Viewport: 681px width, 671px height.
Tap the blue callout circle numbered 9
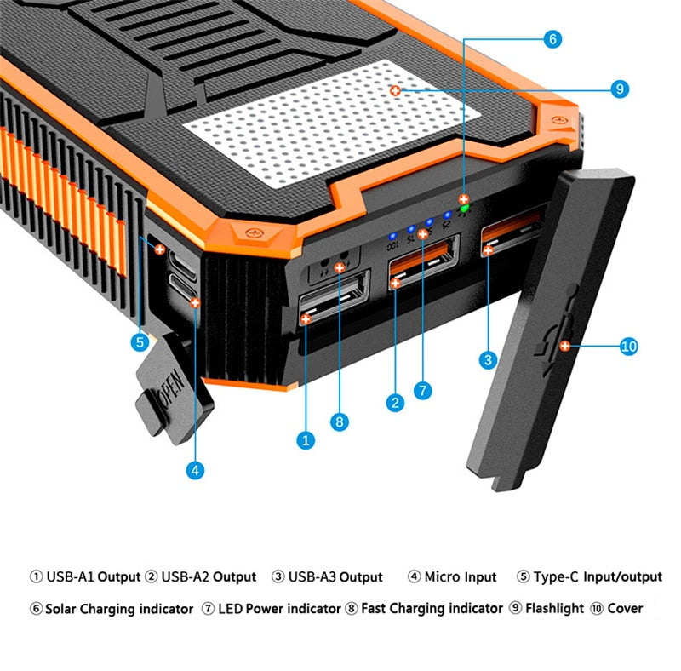620,89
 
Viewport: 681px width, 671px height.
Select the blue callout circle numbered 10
628,346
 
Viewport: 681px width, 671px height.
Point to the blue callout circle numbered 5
140,342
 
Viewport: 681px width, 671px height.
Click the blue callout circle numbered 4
196,469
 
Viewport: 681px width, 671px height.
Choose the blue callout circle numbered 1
306,440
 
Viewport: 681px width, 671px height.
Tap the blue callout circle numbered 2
394,403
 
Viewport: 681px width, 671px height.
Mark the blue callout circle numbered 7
423,391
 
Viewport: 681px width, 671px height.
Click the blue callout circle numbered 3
488,360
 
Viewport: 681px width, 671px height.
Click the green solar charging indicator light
464,207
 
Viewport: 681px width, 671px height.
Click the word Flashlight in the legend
554,608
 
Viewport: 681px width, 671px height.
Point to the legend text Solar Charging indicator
118,608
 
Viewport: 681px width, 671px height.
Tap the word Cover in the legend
625,608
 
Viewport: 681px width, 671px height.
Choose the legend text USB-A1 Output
92,577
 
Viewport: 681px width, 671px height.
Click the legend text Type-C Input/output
597,577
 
